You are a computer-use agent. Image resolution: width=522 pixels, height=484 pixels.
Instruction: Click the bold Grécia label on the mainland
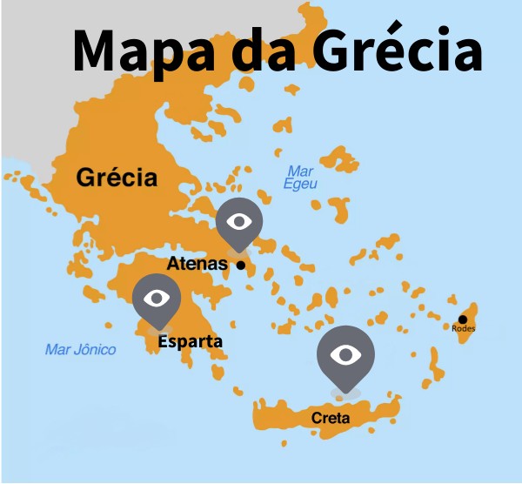117,178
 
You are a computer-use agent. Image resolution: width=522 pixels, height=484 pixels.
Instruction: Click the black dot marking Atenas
241,266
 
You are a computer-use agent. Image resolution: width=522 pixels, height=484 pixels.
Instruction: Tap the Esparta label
190,341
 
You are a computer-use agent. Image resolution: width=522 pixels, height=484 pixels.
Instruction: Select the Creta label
331,419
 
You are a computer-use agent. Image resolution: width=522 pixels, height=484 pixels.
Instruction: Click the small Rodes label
464,328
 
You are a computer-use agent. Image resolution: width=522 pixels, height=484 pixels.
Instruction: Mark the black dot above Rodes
463,319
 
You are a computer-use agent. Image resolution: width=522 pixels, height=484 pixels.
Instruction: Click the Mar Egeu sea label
300,178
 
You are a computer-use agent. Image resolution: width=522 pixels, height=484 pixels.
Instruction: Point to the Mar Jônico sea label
80,349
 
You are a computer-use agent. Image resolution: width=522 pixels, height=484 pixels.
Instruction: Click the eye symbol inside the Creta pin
345,353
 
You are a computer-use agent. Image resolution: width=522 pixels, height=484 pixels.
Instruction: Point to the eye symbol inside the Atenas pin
238,221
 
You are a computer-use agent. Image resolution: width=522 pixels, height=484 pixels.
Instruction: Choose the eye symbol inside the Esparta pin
157,298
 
